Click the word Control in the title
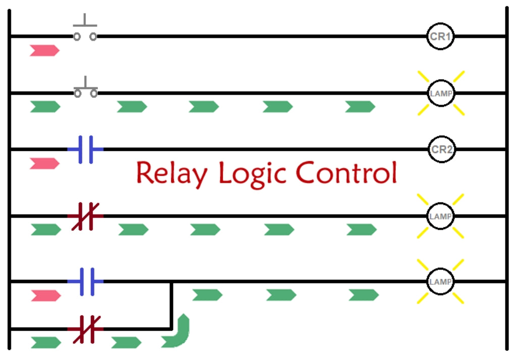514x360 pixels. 346,173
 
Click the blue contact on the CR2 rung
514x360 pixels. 85,149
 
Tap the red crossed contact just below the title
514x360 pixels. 85,216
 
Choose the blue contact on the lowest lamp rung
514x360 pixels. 85,281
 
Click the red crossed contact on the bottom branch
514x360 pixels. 85,329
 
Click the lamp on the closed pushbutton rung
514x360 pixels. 441,93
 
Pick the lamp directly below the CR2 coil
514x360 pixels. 441,216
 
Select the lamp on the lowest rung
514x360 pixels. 441,281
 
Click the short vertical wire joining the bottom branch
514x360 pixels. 172,305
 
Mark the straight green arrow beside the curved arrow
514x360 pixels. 126,342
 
